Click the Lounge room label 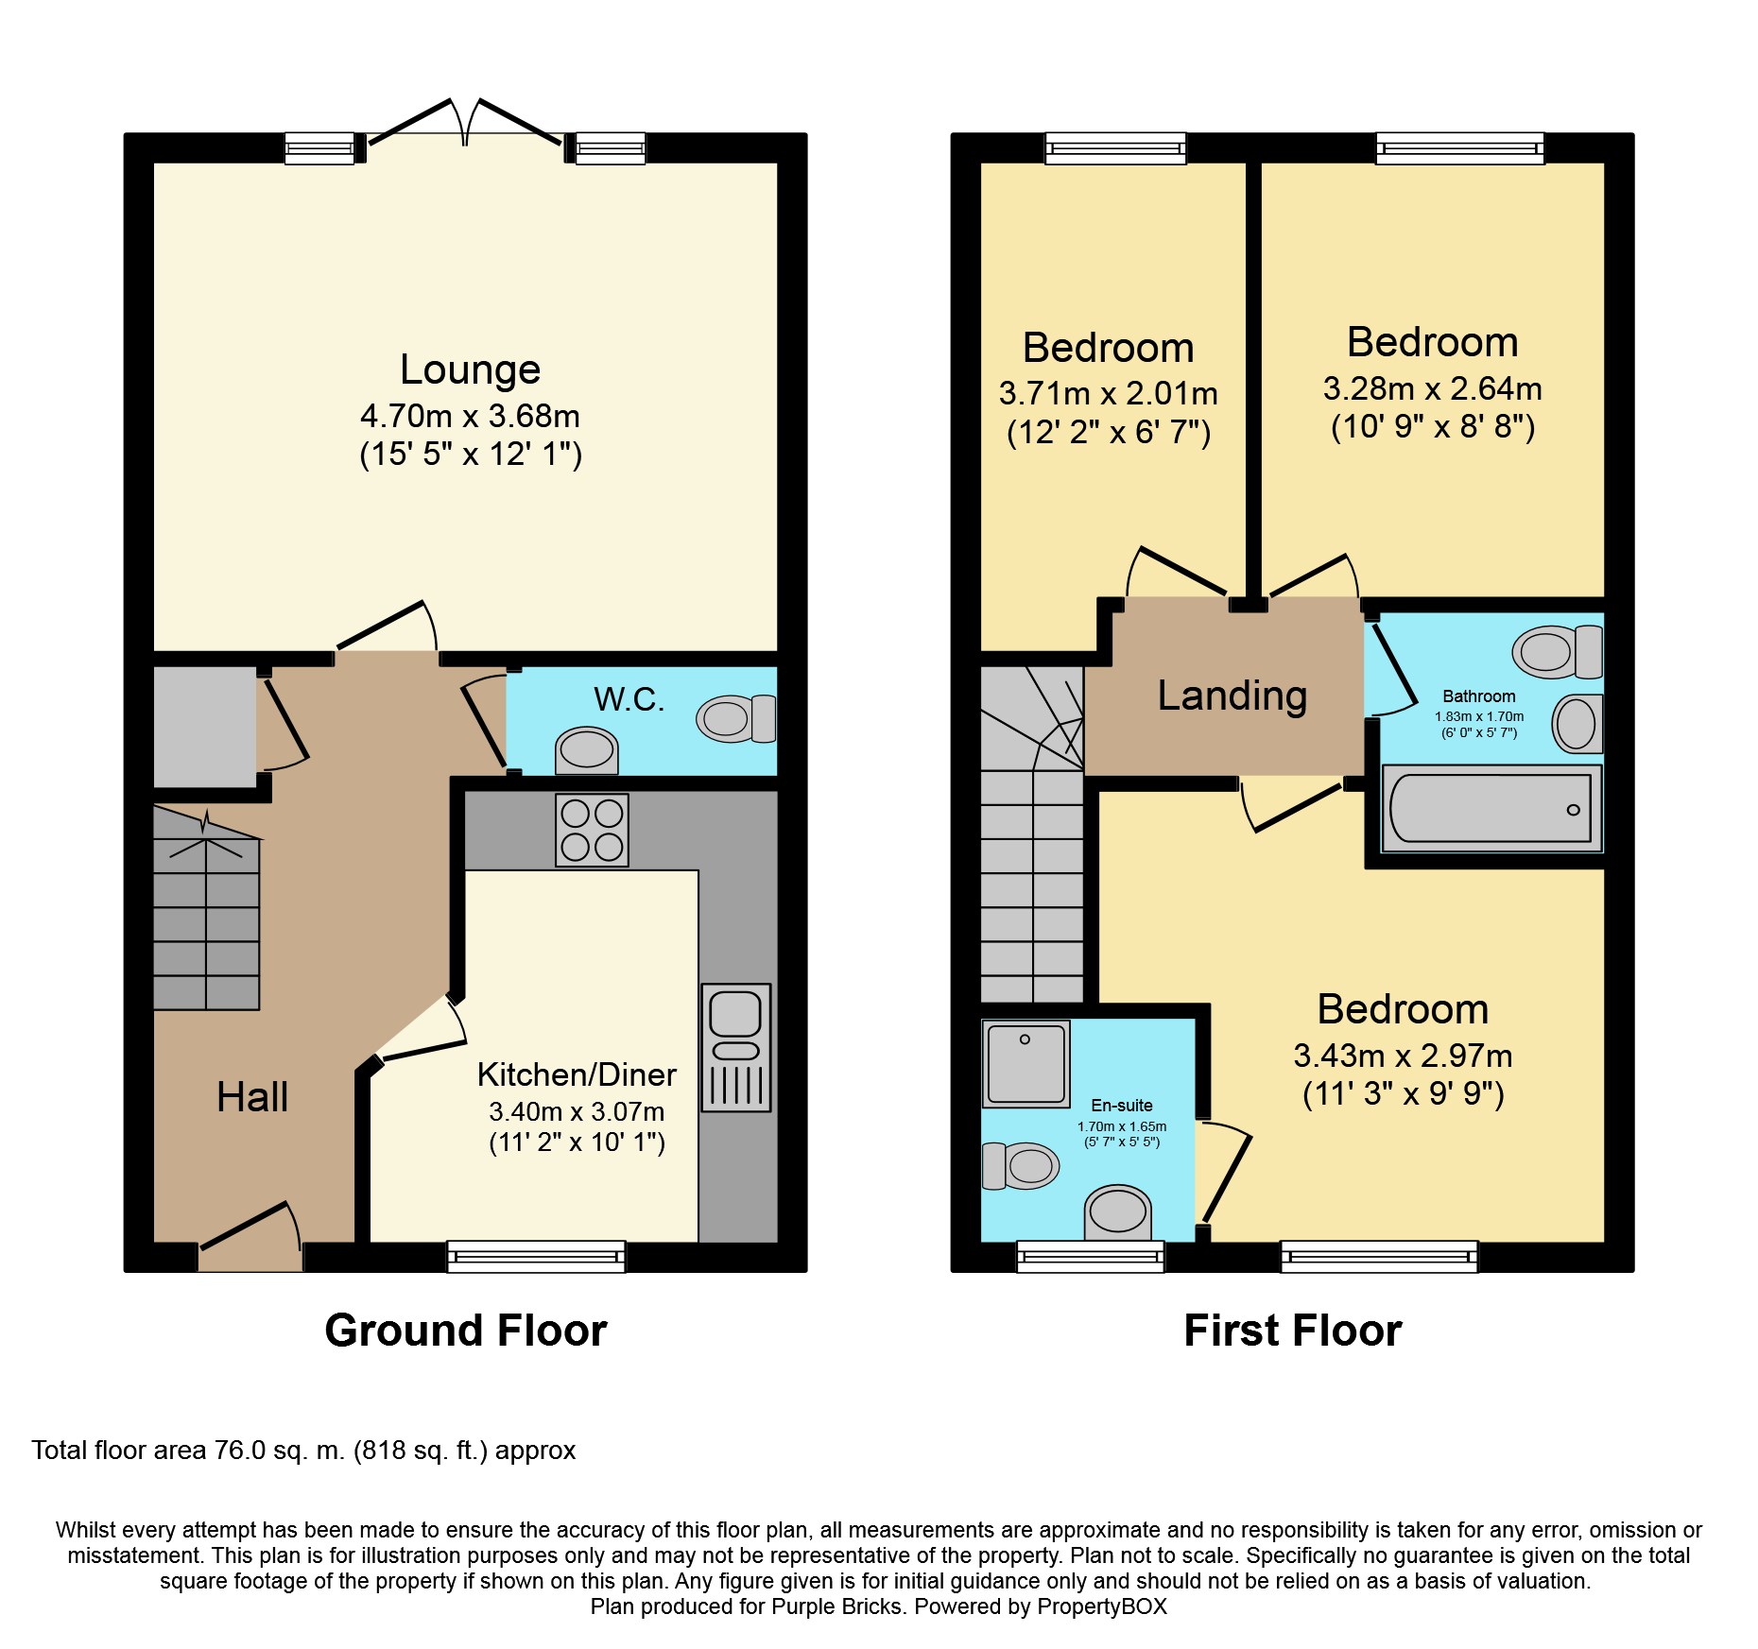coord(470,369)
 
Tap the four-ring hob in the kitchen coord(592,830)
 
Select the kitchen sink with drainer coord(736,1047)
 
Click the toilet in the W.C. coord(736,719)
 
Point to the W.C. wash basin coord(587,751)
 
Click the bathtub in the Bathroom coord(1491,808)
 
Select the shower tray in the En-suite coord(1025,1063)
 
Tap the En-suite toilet coord(1021,1166)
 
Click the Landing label coord(1232,696)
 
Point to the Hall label coord(252,1097)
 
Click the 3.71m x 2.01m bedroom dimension coord(1108,393)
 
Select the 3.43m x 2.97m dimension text coord(1403,1056)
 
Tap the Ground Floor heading coord(466,1331)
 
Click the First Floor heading coord(1293,1331)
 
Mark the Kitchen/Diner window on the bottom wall coord(536,1257)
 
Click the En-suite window coord(1091,1257)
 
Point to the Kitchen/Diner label coord(577,1074)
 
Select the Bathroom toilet coord(1558,651)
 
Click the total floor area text coord(303,1451)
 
